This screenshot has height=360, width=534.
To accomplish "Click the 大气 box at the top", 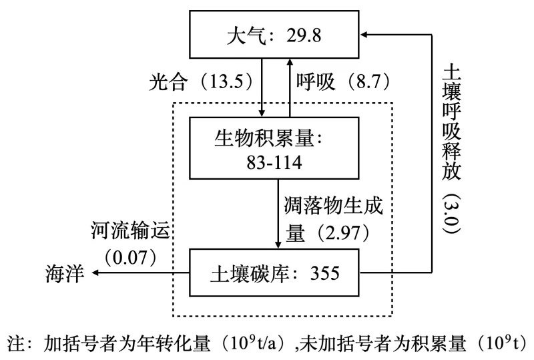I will tap(274, 35).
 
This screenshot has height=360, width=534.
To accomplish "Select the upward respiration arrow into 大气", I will tap(288, 87).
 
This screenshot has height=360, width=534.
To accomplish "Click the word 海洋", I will tap(65, 273).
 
